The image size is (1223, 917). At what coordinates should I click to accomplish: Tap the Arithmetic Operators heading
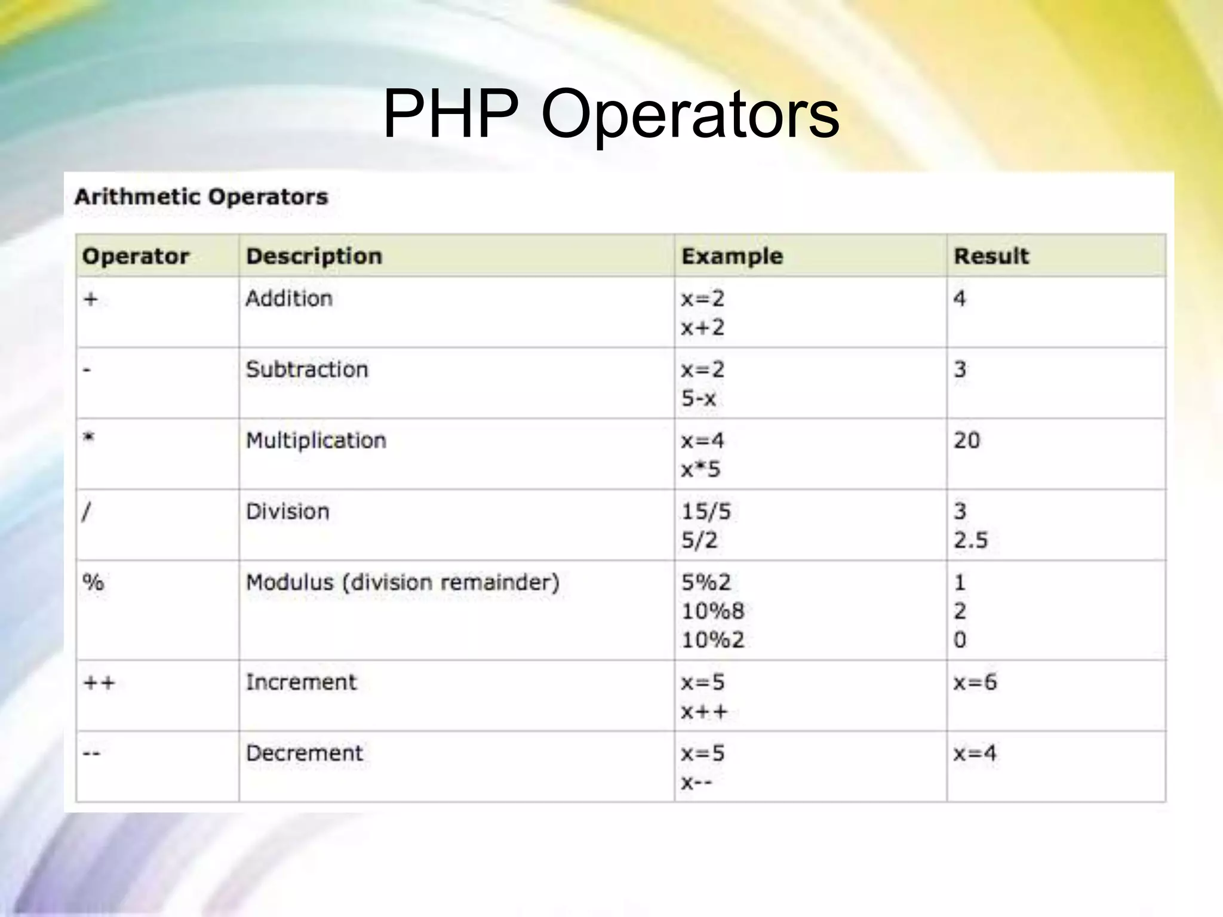click(x=201, y=197)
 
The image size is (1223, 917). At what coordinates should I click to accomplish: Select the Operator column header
click(x=136, y=256)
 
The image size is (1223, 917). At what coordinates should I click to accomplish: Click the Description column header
click(x=314, y=256)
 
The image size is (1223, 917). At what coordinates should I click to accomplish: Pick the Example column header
click(x=732, y=256)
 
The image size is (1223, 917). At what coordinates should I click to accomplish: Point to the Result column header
click(x=991, y=256)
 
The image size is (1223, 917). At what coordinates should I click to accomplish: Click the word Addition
click(x=289, y=299)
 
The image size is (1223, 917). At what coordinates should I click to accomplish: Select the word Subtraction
click(x=307, y=370)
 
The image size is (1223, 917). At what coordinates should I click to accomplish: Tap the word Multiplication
click(x=316, y=441)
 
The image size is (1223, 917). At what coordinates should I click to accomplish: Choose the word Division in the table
click(x=288, y=512)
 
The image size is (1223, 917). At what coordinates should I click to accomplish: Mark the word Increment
click(x=301, y=682)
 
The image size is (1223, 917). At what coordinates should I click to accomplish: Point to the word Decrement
click(x=305, y=753)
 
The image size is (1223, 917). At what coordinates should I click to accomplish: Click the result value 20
click(x=967, y=441)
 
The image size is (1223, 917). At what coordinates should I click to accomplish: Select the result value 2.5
click(x=970, y=540)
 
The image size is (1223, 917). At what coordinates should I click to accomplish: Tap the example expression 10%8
click(x=713, y=611)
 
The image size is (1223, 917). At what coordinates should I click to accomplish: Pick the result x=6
click(x=975, y=682)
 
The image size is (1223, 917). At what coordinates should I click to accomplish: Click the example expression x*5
click(x=701, y=470)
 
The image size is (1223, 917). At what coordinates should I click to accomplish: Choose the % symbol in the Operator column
click(x=93, y=582)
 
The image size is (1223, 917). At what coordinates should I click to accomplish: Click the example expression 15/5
click(x=706, y=512)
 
